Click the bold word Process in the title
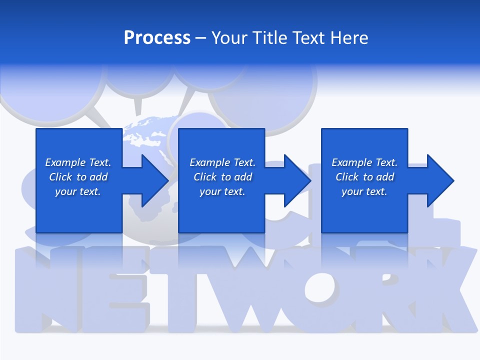[x=157, y=38]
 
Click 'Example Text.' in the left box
[x=78, y=162]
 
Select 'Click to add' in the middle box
[x=222, y=177]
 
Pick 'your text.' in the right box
[x=364, y=191]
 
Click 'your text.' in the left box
[x=78, y=191]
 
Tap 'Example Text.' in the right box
[x=364, y=162]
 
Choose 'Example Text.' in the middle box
[x=222, y=162]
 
